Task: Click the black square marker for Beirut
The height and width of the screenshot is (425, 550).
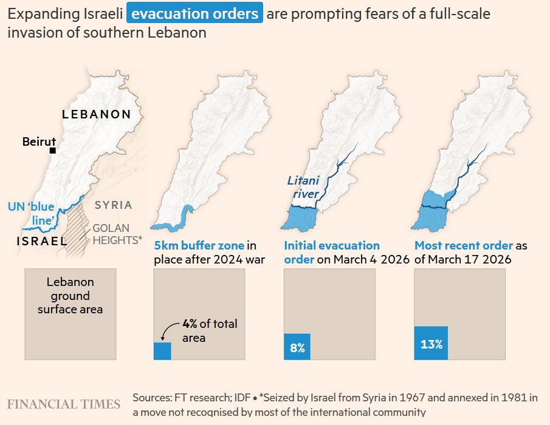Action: click(53, 151)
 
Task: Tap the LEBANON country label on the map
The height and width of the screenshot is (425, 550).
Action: click(96, 114)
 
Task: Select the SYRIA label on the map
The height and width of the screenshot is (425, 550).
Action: click(113, 205)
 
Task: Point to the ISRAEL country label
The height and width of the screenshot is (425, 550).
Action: click(42, 241)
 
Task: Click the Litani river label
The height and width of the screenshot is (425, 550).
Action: click(303, 187)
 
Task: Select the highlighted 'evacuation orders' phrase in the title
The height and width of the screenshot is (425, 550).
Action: click(194, 13)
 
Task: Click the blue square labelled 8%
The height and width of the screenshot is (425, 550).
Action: click(297, 347)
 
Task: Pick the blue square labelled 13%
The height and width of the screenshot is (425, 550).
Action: click(431, 344)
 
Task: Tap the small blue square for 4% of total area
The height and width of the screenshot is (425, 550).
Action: click(162, 352)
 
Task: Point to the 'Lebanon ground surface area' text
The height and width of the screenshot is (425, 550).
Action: click(70, 296)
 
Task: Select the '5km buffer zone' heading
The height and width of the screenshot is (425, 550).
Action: click(199, 246)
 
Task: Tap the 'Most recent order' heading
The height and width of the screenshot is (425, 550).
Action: click(464, 246)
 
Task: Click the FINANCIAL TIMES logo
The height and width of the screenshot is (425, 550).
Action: click(64, 404)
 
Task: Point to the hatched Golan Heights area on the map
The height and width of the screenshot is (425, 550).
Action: click(77, 228)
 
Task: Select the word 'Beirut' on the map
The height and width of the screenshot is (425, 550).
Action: click(39, 141)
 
